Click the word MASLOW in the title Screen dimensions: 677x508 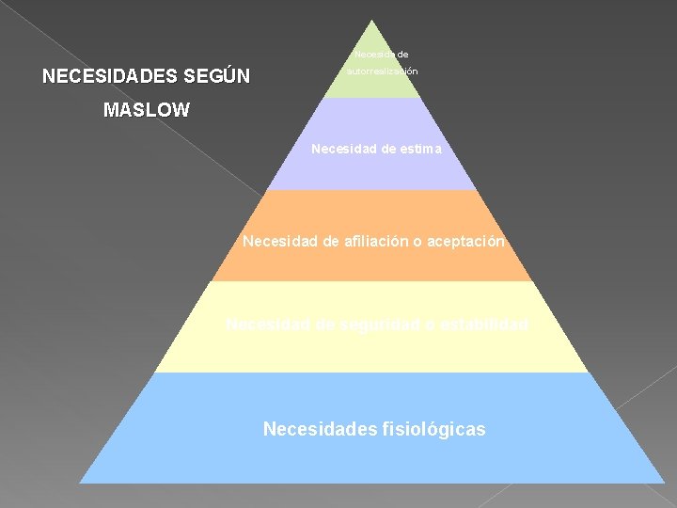(147, 110)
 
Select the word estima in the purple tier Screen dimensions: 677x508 (418, 149)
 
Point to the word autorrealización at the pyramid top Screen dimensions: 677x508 (381, 71)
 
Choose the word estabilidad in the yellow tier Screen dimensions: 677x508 (481, 325)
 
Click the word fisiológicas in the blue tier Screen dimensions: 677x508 (433, 430)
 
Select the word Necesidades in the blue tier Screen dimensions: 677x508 (318, 430)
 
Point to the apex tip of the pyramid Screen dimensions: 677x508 (371, 21)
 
